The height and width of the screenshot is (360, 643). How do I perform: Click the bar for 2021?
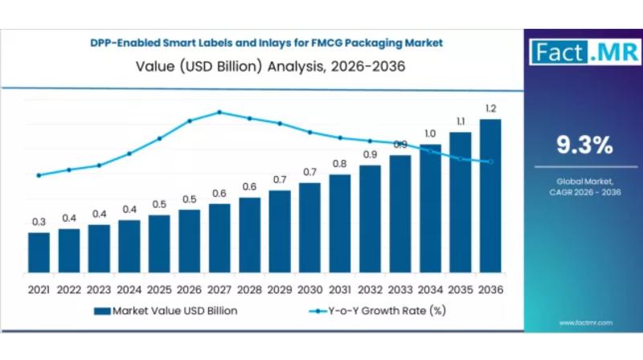pyautogui.click(x=39, y=252)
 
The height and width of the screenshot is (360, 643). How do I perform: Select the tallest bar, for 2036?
pyautogui.click(x=490, y=196)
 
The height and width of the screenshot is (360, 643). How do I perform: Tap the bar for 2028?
pyautogui.click(x=249, y=235)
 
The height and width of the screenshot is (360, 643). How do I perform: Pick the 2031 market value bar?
pyautogui.click(x=340, y=223)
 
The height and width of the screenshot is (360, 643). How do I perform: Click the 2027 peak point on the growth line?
pyautogui.click(x=219, y=112)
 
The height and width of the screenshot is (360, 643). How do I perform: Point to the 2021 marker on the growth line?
pyautogui.click(x=39, y=175)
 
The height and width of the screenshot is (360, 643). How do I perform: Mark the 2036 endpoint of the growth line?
pyautogui.click(x=490, y=162)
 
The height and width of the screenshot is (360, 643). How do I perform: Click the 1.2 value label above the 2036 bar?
pyautogui.click(x=490, y=108)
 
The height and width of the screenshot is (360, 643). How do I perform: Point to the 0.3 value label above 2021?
pyautogui.click(x=39, y=222)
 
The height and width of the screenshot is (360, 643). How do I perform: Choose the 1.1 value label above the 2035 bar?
pyautogui.click(x=460, y=121)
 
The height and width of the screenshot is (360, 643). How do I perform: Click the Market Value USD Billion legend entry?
pyautogui.click(x=165, y=310)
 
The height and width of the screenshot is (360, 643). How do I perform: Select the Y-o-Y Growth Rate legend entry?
pyautogui.click(x=378, y=310)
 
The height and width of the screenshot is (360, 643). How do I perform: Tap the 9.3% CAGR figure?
pyautogui.click(x=584, y=145)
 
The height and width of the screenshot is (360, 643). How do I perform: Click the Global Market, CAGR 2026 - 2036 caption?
pyautogui.click(x=584, y=186)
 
